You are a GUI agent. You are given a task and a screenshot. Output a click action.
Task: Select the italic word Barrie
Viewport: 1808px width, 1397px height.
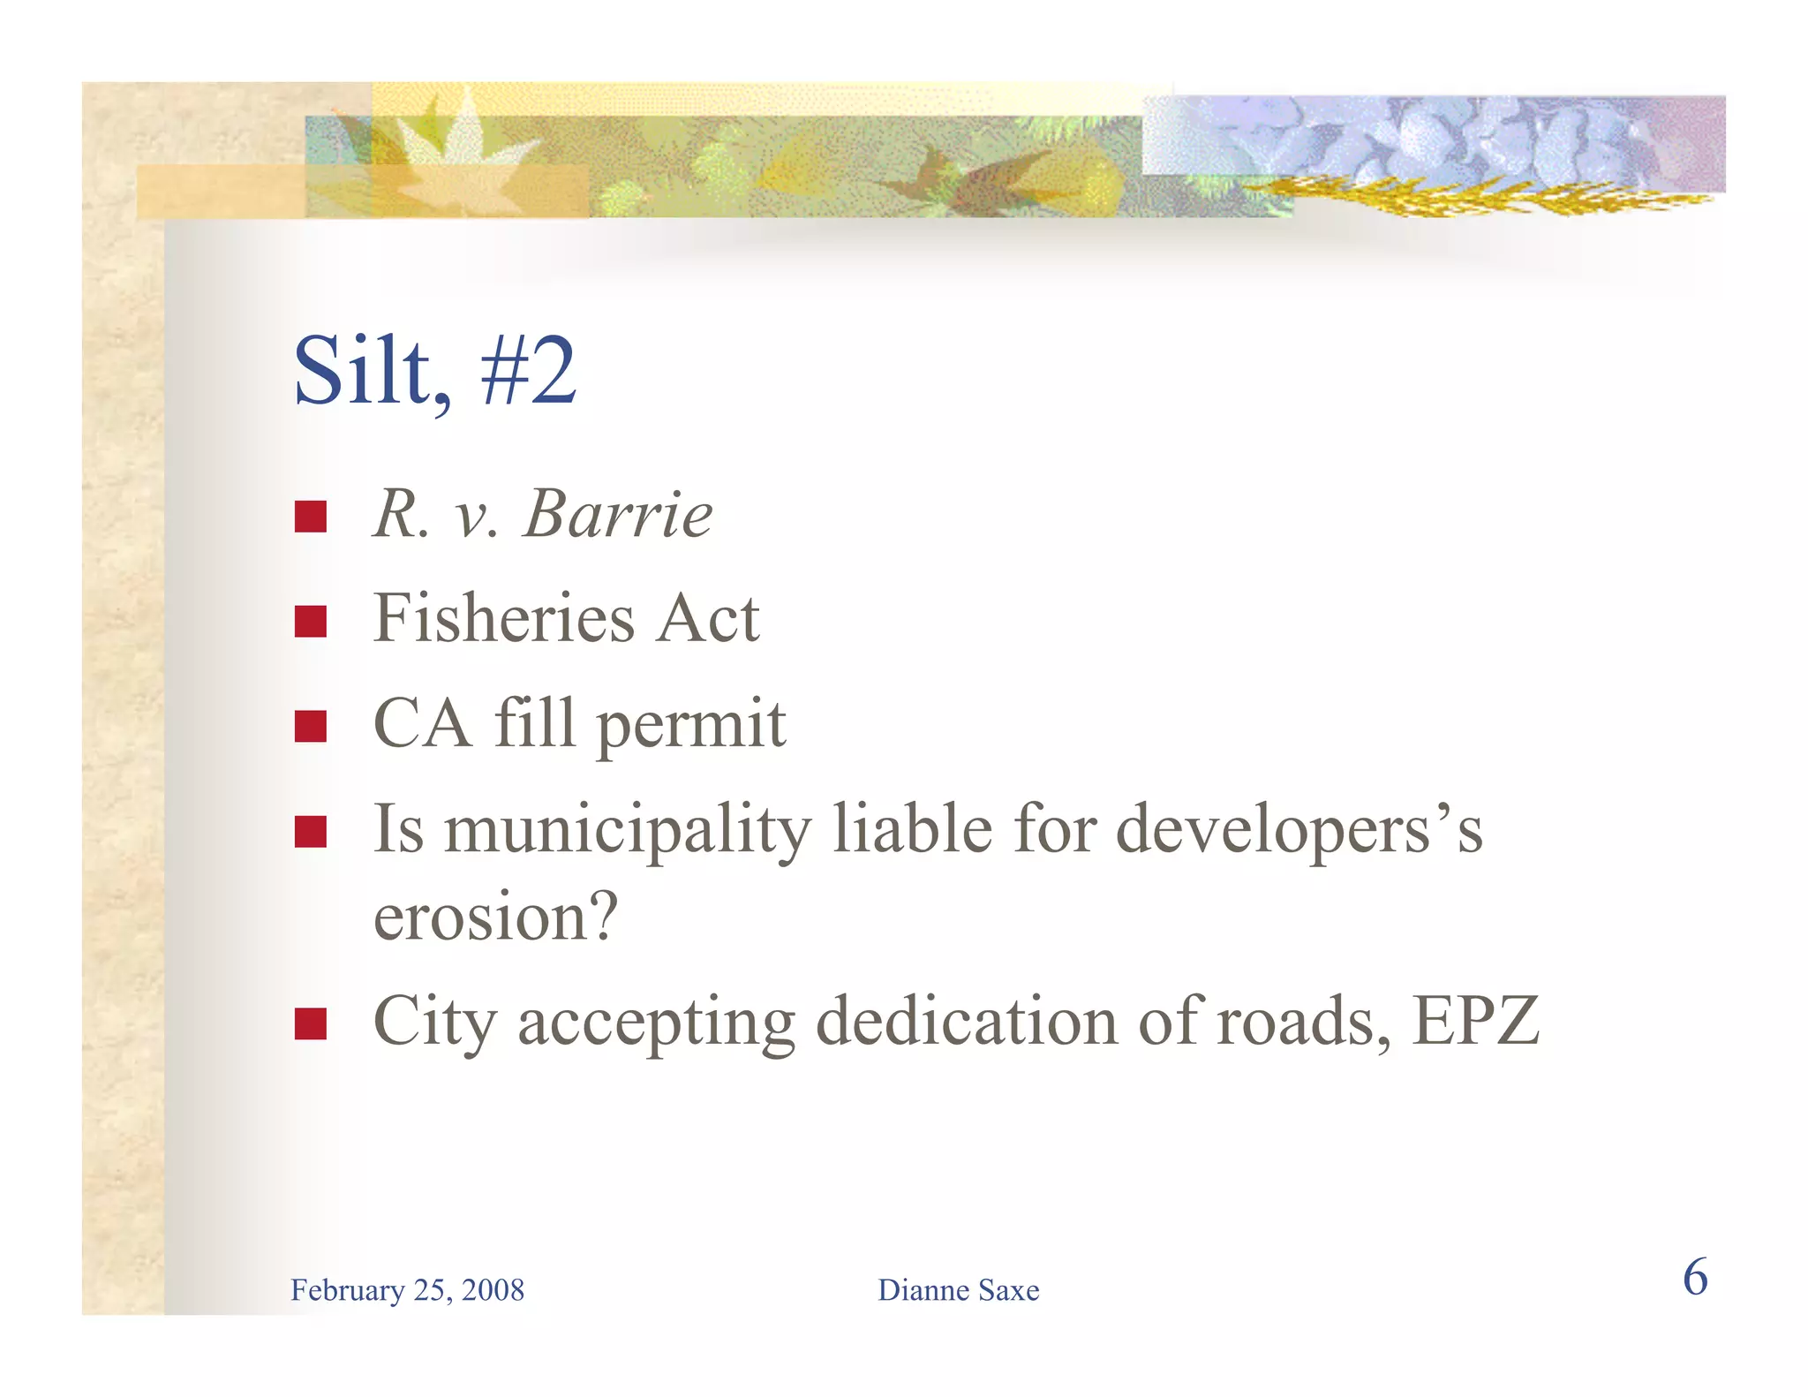point(618,514)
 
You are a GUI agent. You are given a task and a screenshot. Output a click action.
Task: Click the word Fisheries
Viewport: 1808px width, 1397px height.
point(503,618)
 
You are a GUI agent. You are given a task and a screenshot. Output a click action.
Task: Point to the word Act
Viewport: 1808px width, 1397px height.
point(707,618)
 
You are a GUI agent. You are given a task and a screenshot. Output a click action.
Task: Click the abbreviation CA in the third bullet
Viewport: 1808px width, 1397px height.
point(421,723)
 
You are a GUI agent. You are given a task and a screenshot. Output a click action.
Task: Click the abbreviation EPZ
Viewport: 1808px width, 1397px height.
point(1475,1021)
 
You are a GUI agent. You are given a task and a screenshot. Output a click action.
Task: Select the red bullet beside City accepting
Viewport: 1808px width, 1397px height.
point(311,1023)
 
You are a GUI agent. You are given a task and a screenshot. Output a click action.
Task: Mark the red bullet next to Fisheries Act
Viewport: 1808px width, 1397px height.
point(311,622)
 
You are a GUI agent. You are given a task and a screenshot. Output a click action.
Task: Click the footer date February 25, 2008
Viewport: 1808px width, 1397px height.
point(407,1290)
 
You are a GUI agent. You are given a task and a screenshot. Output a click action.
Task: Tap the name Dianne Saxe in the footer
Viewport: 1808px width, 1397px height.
point(958,1290)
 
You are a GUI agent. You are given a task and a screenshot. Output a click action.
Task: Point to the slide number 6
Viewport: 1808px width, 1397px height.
point(1695,1278)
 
